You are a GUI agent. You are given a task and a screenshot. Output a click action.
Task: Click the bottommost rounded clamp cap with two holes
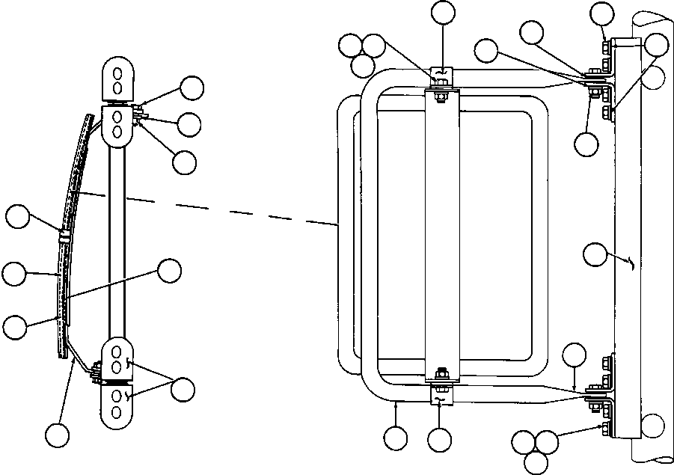[x=117, y=408]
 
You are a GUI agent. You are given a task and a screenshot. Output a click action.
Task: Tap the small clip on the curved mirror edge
[x=64, y=235]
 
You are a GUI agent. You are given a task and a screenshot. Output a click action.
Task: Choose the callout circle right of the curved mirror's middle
[x=170, y=271]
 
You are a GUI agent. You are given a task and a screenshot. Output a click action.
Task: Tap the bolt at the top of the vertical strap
[x=441, y=94]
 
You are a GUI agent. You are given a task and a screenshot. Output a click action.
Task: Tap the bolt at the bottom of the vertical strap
[x=441, y=373]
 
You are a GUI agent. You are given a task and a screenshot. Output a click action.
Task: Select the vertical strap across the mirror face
[x=441, y=232]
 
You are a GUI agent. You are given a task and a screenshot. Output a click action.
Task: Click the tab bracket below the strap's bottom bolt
[x=441, y=394]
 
